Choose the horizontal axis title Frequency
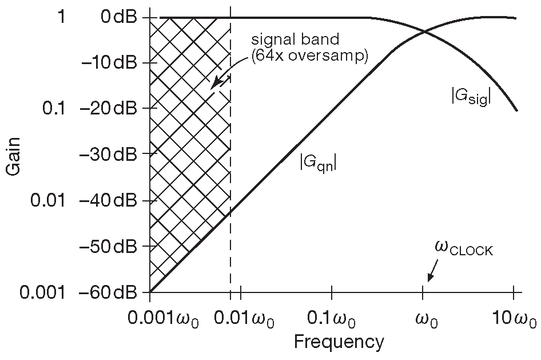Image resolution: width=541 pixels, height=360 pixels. tap(339, 342)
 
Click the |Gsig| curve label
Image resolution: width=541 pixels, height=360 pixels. tap(471, 98)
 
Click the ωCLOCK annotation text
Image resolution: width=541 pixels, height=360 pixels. tap(463, 250)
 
